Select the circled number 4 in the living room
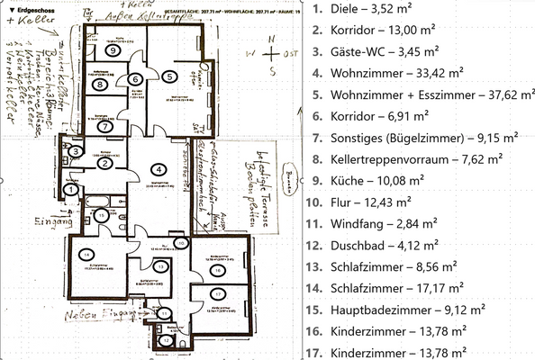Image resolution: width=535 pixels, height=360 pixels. coord(159,168)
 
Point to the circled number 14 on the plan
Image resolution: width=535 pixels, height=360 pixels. coord(86,255)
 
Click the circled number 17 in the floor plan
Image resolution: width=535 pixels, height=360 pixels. coord(217,293)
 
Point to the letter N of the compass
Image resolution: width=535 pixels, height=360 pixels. coord(267,39)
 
